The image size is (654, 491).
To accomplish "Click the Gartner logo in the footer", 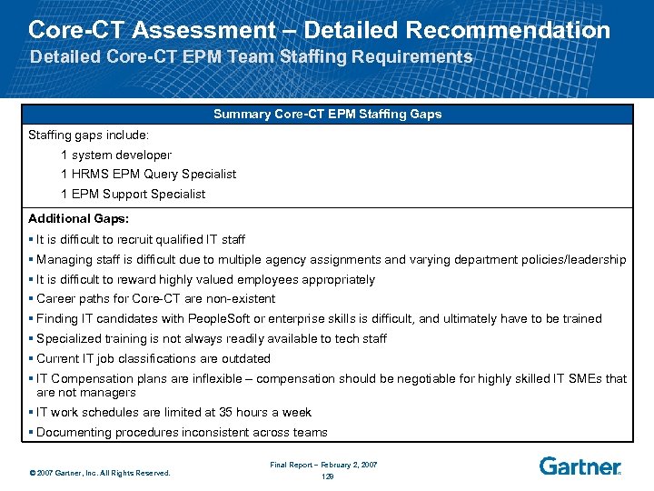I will pos(580,466).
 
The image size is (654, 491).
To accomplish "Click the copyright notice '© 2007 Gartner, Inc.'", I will pos(100,472).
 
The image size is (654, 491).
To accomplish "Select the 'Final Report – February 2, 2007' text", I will pos(323,465).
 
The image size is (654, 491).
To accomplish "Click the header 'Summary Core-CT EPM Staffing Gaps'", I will pos(327,114).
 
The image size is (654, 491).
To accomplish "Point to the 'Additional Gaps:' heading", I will pos(79,218).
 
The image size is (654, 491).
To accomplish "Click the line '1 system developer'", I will pos(116,155).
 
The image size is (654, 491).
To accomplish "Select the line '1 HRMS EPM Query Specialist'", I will pos(148,174).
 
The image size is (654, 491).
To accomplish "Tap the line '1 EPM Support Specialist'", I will pos(133,194).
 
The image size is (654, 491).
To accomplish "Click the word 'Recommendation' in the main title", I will pos(508,30).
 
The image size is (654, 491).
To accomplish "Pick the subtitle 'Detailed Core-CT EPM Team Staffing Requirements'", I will pos(252,57).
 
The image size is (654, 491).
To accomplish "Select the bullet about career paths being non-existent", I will pos(155,298).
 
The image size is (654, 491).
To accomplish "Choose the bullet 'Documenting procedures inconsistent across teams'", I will pos(182,433).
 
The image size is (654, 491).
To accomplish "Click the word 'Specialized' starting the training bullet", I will pos(67,338).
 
